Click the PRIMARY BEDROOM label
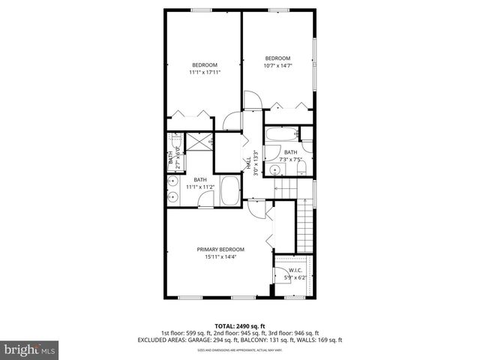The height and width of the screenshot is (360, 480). click(220, 250)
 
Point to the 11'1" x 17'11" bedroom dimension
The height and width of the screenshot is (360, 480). click(204, 73)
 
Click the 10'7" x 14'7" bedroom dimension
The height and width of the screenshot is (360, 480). click(277, 66)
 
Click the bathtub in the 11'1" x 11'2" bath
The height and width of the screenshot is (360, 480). click(230, 191)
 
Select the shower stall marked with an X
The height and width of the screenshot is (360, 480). click(199, 142)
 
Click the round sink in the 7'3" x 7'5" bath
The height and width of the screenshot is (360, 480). click(306, 159)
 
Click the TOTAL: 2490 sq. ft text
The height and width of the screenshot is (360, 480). click(240, 326)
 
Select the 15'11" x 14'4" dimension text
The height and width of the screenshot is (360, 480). click(220, 257)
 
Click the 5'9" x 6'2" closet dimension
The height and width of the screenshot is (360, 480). click(292, 278)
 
